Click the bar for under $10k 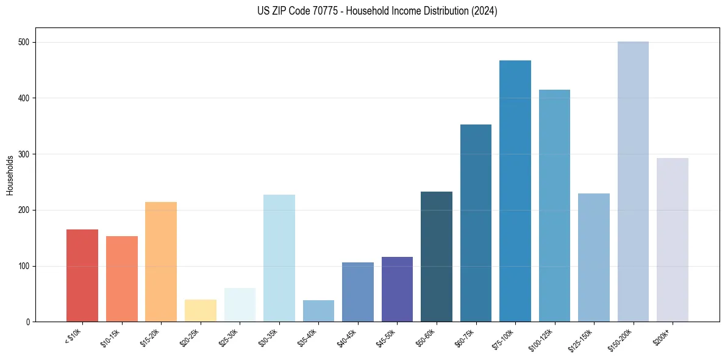pos(82,275)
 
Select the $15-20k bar pos(161,262)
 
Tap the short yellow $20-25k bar pos(201,311)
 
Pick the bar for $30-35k pos(279,258)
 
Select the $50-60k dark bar pos(437,256)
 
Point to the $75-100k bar pos(515,191)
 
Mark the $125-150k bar pos(594,257)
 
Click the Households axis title pos(10,175)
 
